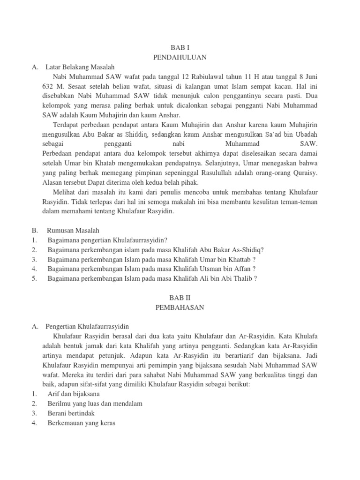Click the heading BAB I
coord(180,47)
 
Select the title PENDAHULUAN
coord(180,57)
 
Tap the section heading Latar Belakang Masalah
coord(80,67)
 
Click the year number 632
coord(36,87)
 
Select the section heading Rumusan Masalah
coord(73,231)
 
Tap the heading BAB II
coord(180,298)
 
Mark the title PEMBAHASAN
coord(180,307)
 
